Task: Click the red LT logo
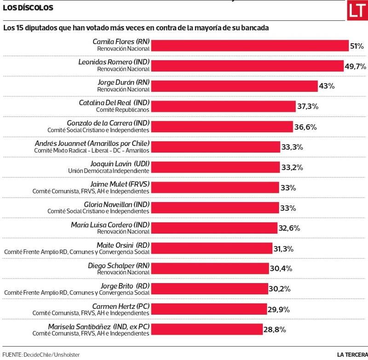pyautogui.click(x=357, y=11)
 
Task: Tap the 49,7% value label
pyautogui.click(x=355, y=66)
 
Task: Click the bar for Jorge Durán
pyautogui.click(x=235, y=86)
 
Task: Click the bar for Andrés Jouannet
pyautogui.click(x=215, y=147)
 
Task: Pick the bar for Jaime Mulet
pyautogui.click(x=215, y=187)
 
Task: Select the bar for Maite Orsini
pyautogui.click(x=211, y=249)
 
